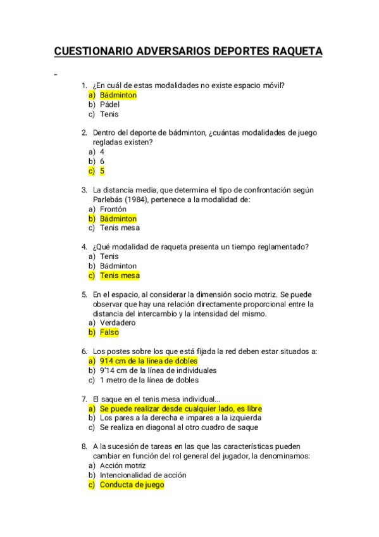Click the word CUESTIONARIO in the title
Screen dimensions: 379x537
click(94, 51)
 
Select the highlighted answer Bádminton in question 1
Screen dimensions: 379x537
click(118, 95)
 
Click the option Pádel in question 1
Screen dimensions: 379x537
click(109, 104)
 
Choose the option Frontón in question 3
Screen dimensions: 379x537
click(113, 209)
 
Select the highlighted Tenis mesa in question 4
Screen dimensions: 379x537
click(120, 275)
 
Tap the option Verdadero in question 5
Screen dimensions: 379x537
click(118, 323)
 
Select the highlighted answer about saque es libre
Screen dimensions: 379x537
click(180, 408)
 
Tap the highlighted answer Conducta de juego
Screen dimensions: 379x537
click(132, 484)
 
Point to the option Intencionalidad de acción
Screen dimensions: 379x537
click(143, 475)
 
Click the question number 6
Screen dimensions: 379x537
click(84, 351)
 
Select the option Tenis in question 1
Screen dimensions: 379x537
click(109, 114)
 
